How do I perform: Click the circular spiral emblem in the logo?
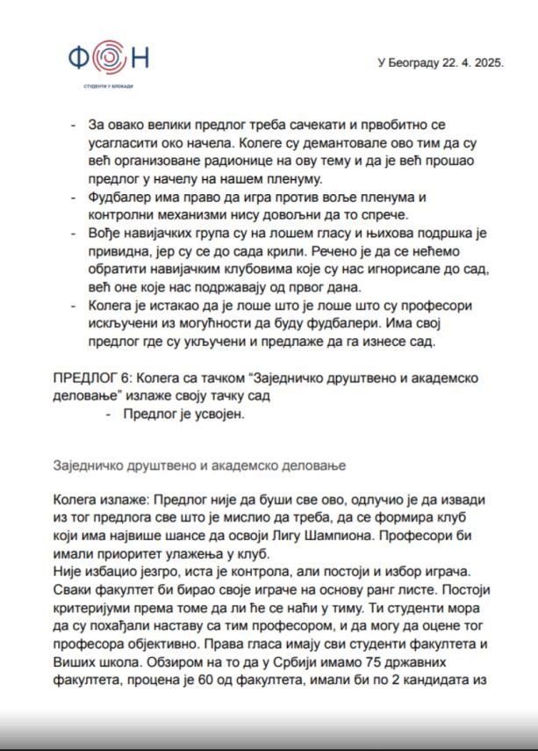(107, 58)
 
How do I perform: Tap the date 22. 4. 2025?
(472, 64)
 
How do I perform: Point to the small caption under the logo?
(109, 86)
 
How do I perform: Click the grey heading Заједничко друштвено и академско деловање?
(201, 464)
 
